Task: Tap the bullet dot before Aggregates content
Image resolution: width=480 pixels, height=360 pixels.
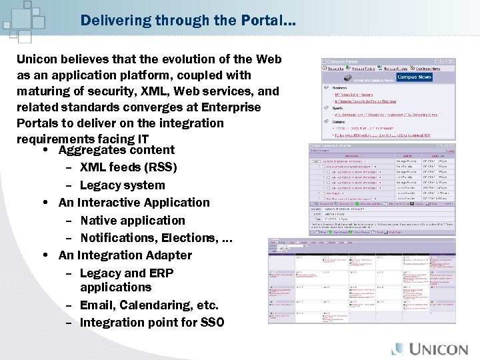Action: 44,150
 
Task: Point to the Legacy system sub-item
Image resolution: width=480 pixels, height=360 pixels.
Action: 122,185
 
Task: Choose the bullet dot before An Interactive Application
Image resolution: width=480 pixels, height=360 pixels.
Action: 44,203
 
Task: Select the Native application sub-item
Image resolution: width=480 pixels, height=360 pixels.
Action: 133,221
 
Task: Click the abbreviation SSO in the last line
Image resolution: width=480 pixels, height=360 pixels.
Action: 212,323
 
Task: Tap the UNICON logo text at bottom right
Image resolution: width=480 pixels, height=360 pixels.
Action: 438,349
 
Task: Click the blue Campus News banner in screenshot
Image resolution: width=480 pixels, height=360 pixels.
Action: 415,77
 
